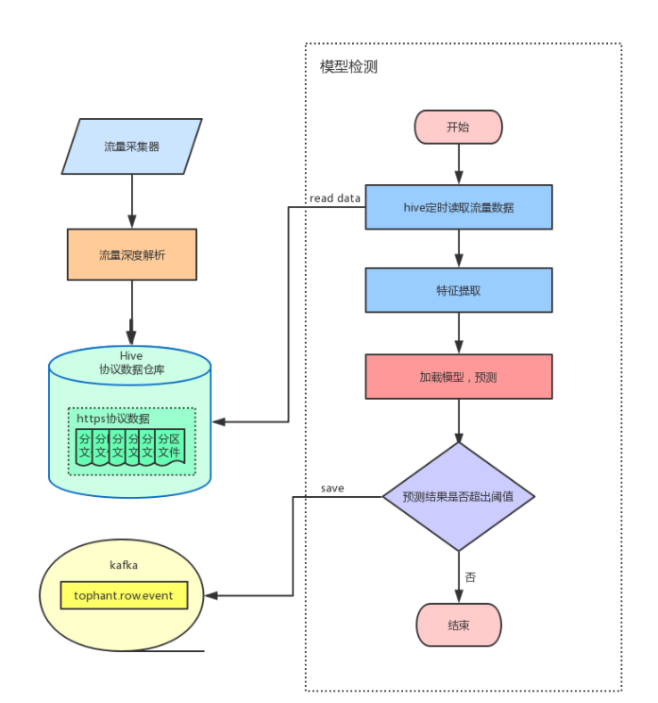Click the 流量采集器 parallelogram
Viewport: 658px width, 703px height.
point(131,146)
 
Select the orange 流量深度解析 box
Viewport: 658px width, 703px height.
point(131,254)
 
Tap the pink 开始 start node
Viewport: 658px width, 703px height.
point(458,127)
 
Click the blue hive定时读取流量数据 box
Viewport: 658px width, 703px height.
point(458,207)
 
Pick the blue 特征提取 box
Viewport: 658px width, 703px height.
point(458,290)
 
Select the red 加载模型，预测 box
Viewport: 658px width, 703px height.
point(458,376)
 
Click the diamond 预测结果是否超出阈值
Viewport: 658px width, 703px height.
point(458,496)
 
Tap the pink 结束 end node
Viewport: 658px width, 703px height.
point(458,625)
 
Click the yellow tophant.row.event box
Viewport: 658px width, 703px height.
point(124,595)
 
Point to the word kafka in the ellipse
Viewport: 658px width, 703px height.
point(124,565)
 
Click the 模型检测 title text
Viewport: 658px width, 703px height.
point(348,68)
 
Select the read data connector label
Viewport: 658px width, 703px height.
point(335,198)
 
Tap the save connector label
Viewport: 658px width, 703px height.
point(332,489)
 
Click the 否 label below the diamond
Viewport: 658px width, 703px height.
point(470,576)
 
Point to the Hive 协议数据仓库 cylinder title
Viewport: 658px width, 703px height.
point(131,363)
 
